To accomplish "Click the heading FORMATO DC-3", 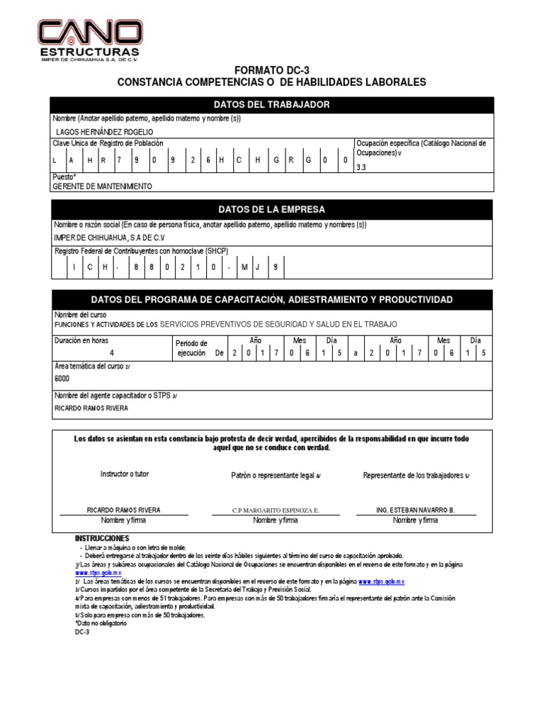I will pyautogui.click(x=271, y=70).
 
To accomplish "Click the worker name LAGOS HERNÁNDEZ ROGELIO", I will pyautogui.click(x=103, y=132).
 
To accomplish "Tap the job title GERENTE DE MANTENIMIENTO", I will pyautogui.click(x=103, y=186).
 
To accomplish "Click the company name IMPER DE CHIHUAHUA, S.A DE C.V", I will pyautogui.click(x=110, y=238).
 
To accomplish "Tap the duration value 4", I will pyautogui.click(x=111, y=352).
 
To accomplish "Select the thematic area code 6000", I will pyautogui.click(x=63, y=379).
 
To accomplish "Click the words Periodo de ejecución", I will pyautogui.click(x=191, y=347).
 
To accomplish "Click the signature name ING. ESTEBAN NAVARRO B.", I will pyautogui.click(x=416, y=510).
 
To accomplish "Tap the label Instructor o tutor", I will pyautogui.click(x=125, y=474).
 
